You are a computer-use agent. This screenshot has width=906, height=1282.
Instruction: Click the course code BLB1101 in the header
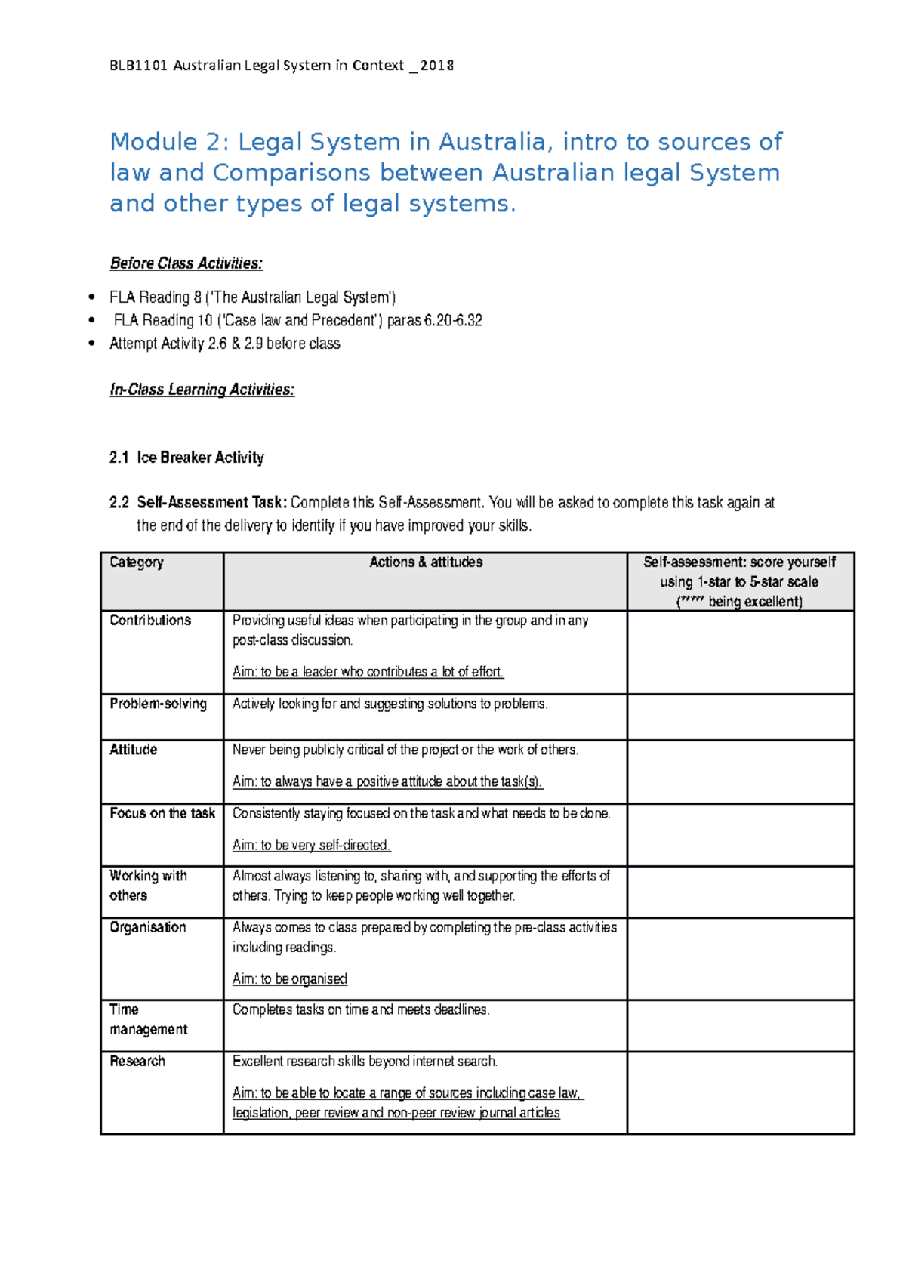click(139, 66)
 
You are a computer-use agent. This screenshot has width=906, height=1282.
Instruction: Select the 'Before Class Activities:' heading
click(186, 263)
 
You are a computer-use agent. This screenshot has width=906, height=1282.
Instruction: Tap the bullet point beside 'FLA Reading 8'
click(91, 297)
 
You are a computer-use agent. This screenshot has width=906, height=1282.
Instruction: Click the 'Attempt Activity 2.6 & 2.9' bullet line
click(224, 344)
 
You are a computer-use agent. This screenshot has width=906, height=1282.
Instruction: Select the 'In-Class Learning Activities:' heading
click(202, 390)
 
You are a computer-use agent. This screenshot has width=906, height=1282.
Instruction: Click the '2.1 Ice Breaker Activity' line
click(186, 458)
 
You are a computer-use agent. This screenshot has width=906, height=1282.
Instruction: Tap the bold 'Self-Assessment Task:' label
click(211, 503)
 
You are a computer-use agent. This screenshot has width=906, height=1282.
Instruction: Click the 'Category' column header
click(137, 562)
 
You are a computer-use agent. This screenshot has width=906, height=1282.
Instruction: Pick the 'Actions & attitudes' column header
click(426, 562)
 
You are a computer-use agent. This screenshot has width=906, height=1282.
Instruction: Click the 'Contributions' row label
click(150, 621)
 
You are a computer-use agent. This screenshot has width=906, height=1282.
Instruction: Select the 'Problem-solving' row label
click(158, 704)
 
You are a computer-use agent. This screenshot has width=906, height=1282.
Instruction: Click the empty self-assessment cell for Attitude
click(740, 772)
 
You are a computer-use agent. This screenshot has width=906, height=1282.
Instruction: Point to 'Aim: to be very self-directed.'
click(311, 846)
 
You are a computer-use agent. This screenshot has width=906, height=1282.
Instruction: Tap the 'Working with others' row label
click(147, 886)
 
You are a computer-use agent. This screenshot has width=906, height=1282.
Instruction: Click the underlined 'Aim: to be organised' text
click(289, 979)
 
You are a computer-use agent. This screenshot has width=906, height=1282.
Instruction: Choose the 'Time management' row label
click(148, 1020)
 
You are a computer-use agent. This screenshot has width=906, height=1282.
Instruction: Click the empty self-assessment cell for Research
click(740, 1092)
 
